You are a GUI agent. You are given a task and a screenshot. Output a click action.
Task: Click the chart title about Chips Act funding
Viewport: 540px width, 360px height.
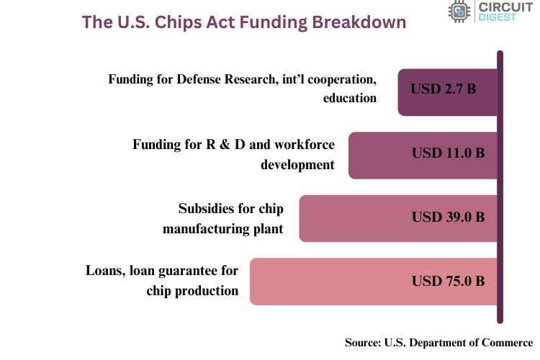click(x=244, y=22)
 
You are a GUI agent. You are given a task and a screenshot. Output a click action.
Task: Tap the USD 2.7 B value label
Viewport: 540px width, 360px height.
click(x=444, y=90)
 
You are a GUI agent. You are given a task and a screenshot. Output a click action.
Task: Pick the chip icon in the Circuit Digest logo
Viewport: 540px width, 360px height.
click(x=458, y=12)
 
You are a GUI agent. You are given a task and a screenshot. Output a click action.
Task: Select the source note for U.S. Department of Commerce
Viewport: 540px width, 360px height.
click(x=438, y=343)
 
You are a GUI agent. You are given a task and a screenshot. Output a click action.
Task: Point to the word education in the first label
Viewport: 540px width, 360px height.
click(x=350, y=98)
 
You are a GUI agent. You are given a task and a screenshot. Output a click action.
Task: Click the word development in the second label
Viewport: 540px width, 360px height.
click(x=297, y=164)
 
